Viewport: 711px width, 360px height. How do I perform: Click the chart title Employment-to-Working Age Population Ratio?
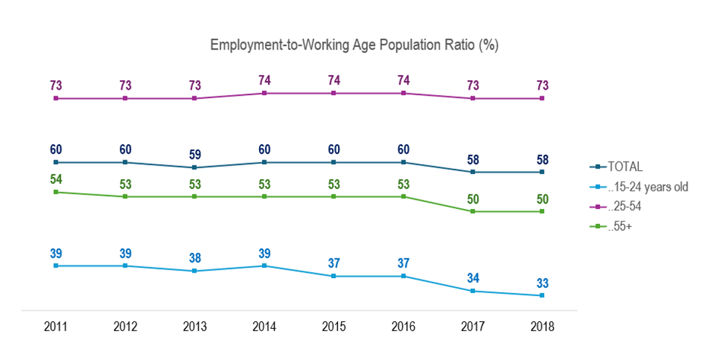(354, 46)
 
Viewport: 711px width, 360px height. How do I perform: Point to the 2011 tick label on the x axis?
(55, 327)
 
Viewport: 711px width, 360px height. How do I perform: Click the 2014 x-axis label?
(264, 327)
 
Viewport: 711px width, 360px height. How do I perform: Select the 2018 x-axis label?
(542, 327)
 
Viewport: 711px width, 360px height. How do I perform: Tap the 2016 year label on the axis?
(403, 327)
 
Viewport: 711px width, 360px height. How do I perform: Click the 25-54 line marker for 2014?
(264, 93)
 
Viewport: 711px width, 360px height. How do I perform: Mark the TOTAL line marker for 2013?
(194, 167)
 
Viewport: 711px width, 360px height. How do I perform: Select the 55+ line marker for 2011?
(55, 192)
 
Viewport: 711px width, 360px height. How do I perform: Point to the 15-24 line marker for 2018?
(542, 295)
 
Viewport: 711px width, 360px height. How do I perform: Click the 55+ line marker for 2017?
(472, 211)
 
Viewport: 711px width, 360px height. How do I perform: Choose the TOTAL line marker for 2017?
(472, 172)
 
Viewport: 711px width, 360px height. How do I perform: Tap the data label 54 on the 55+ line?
(55, 179)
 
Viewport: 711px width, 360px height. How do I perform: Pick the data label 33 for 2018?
(542, 282)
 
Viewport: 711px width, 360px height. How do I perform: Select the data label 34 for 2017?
(472, 277)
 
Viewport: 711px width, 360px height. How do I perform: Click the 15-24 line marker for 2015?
(333, 276)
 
